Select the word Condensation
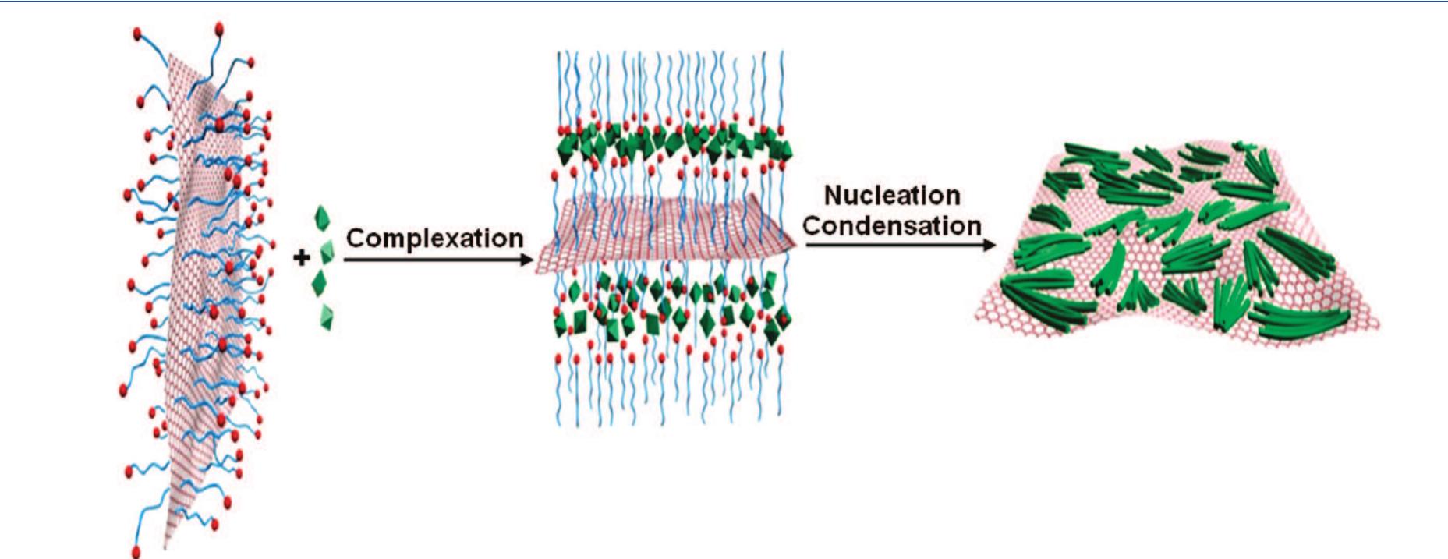(x=892, y=226)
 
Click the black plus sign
(x=302, y=257)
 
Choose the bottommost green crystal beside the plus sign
(x=327, y=316)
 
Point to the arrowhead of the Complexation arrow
(x=527, y=259)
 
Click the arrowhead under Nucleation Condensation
(x=989, y=245)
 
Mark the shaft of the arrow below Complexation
(x=429, y=259)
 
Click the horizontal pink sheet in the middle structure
(x=663, y=235)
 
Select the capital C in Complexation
(x=354, y=238)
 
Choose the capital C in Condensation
(x=813, y=226)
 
